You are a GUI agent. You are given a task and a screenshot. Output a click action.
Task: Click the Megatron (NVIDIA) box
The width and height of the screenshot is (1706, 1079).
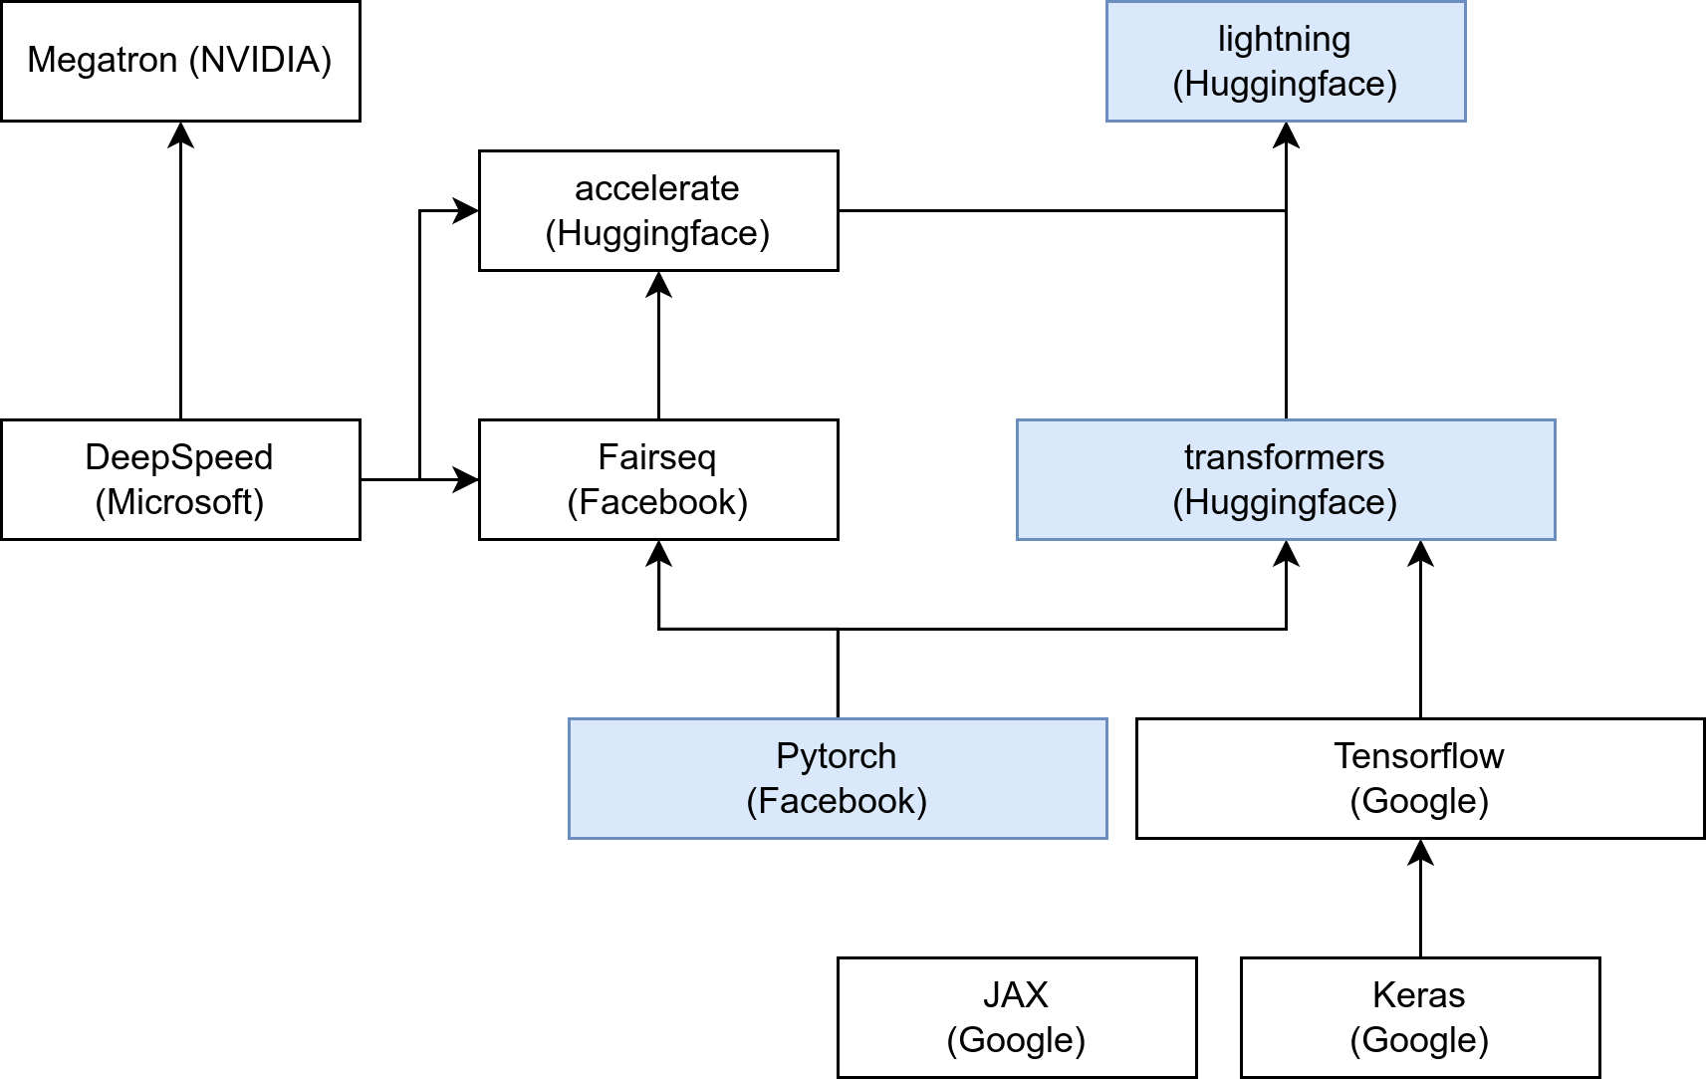click(180, 62)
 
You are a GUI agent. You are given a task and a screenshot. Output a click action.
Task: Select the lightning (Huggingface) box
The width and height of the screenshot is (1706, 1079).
click(1285, 62)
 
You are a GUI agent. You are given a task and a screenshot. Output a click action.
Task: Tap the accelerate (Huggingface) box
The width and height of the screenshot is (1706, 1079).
click(658, 210)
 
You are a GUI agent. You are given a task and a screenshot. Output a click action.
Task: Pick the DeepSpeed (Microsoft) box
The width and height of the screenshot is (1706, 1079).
click(180, 479)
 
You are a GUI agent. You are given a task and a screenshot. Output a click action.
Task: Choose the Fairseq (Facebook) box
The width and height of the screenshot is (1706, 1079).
click(658, 479)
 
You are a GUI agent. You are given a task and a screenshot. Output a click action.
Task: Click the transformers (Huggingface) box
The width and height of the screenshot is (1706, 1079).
click(1285, 479)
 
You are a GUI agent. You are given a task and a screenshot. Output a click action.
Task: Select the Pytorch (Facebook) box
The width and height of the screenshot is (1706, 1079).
click(837, 778)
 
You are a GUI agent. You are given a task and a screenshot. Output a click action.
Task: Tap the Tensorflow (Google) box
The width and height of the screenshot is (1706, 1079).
click(1419, 778)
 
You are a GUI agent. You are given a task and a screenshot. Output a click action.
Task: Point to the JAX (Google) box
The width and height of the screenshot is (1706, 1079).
click(1016, 1017)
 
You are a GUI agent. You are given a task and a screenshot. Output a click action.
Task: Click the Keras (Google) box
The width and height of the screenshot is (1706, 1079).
click(1419, 1017)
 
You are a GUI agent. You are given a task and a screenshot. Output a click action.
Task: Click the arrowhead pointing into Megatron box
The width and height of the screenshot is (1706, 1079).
click(180, 134)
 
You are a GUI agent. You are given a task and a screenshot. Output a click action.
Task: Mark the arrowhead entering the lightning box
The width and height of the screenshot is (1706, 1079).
click(1286, 134)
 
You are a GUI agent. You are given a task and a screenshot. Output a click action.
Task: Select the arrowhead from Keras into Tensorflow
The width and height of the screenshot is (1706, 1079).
click(1420, 851)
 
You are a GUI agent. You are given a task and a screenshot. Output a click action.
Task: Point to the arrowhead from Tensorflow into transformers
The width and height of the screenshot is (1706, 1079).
click(1420, 552)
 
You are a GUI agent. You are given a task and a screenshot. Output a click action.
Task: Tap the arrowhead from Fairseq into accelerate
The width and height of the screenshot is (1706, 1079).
click(658, 283)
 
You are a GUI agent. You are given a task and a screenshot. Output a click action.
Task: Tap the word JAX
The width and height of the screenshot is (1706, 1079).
click(1016, 995)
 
